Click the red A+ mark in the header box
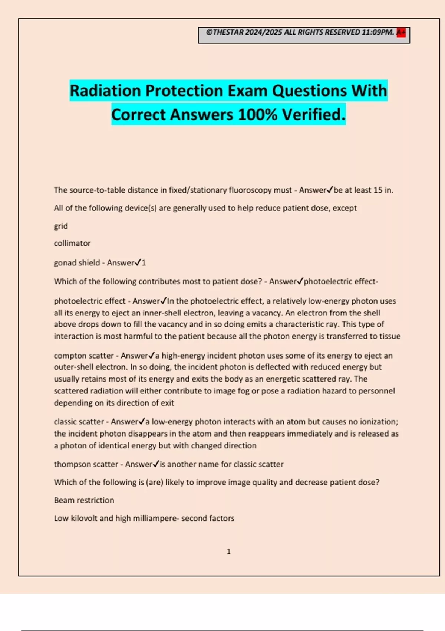click(401, 33)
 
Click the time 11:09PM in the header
click(378, 32)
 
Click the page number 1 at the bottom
click(228, 552)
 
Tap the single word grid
click(61, 226)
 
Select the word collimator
click(72, 243)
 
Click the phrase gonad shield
click(77, 263)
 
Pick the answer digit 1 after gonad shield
click(144, 263)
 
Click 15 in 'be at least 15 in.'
click(378, 190)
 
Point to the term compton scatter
click(83, 356)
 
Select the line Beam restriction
click(84, 500)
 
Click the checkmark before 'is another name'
click(156, 464)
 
